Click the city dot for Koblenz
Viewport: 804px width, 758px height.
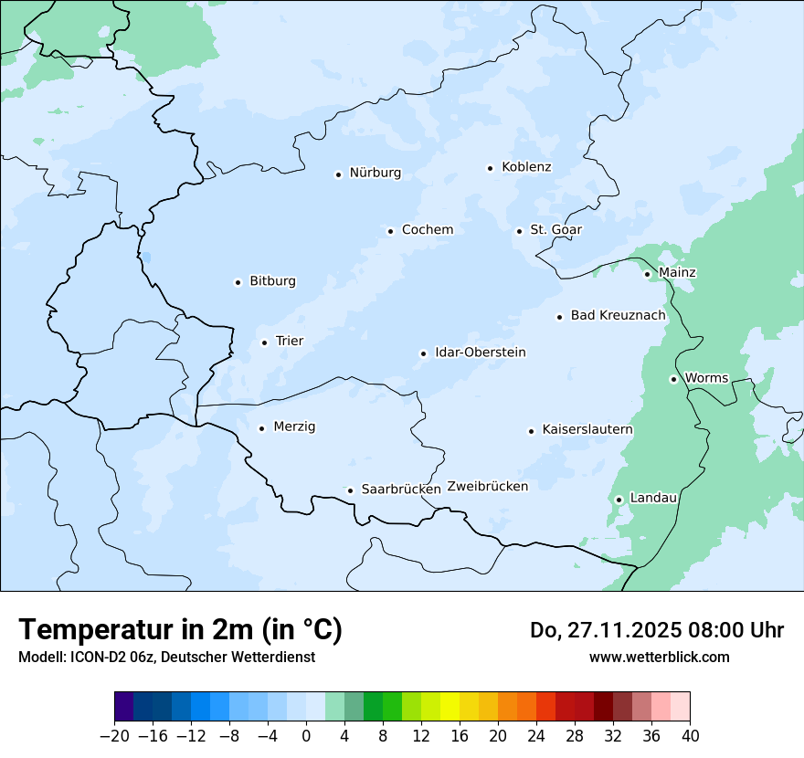(491, 168)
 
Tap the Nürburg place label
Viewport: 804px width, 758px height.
(375, 173)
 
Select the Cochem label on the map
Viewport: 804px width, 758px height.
(427, 229)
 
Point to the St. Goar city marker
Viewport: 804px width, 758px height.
(519, 231)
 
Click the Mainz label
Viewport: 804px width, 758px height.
(677, 272)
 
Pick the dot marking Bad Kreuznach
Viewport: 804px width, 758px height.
(559, 317)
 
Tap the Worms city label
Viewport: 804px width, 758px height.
(706, 378)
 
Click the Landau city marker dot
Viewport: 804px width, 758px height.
(619, 500)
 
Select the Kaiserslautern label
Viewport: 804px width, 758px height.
(587, 429)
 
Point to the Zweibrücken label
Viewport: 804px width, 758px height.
(487, 487)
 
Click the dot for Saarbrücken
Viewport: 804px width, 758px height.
(350, 490)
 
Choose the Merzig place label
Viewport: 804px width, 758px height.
(294, 426)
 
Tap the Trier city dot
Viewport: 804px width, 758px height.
(264, 342)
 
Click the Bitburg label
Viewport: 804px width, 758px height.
(272, 281)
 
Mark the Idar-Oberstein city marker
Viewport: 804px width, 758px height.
(424, 353)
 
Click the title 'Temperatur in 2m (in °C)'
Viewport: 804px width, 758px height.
(180, 629)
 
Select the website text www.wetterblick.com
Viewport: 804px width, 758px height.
(659, 657)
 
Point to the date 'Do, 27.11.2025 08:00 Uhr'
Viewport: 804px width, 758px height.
(656, 630)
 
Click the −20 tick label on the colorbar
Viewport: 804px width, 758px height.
(114, 736)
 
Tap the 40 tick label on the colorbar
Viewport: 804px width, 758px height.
(690, 736)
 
